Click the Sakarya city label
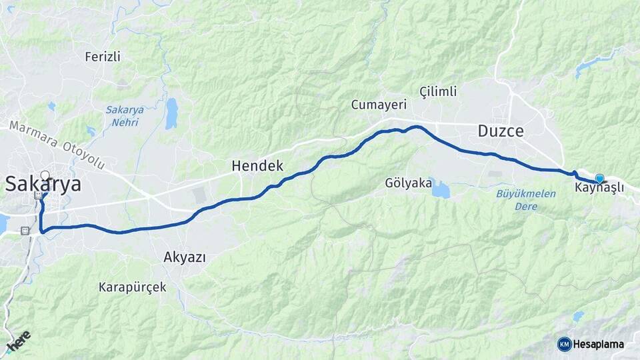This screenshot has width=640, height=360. (x=43, y=185)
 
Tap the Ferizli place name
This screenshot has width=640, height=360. (x=103, y=57)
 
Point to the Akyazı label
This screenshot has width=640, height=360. (x=185, y=257)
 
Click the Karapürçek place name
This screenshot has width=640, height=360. (x=132, y=287)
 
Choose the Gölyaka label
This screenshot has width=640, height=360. (x=408, y=183)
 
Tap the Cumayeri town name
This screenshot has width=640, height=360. (x=379, y=105)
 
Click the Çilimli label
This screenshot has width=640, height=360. (x=437, y=91)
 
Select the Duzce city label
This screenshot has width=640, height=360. (x=501, y=131)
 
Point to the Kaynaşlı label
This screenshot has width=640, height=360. (x=599, y=189)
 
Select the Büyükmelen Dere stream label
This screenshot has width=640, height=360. (x=517, y=199)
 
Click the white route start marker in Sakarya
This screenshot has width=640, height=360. (x=45, y=176)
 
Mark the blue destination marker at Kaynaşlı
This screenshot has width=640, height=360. (x=599, y=178)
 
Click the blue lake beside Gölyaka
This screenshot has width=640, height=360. (x=439, y=191)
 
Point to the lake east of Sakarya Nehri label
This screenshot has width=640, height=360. (x=171, y=113)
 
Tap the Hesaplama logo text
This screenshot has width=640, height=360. (x=599, y=344)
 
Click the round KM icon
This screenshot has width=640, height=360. (x=564, y=344)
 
